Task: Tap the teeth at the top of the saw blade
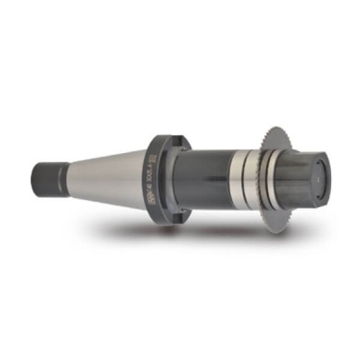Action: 270,127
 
